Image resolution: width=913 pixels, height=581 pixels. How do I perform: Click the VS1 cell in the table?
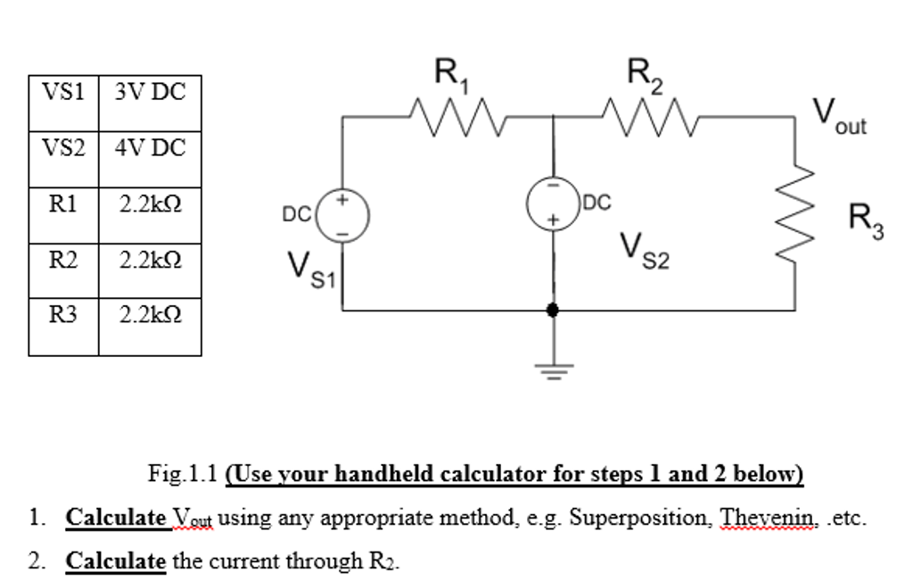tap(62, 92)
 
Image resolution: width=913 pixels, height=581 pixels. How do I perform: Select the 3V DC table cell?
tap(150, 92)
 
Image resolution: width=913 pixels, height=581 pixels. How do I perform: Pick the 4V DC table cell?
tap(150, 147)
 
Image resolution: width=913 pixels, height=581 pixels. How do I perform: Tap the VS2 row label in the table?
tap(62, 147)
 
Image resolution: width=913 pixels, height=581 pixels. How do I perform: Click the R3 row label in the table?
tap(62, 314)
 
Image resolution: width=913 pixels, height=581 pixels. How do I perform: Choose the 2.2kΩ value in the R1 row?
tap(150, 203)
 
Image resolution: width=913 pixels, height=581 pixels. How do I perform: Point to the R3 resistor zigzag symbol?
tap(795, 213)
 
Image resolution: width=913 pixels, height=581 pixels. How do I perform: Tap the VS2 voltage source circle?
tap(554, 203)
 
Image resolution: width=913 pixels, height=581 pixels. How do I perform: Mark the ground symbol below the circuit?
tap(554, 368)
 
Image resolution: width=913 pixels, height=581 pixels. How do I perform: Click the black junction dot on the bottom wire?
tap(554, 310)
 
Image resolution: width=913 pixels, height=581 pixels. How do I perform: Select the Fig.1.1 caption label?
tap(183, 473)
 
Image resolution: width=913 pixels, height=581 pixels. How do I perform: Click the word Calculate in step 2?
tap(116, 561)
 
